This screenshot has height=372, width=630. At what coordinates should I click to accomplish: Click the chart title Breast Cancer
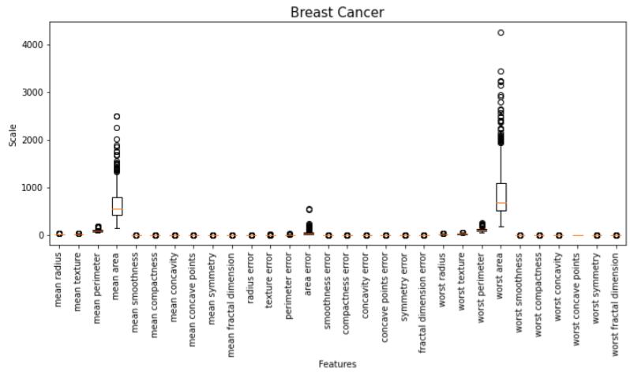click(337, 13)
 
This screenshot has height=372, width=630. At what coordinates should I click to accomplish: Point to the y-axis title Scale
click(13, 136)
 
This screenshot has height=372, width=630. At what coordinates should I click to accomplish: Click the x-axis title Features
click(338, 364)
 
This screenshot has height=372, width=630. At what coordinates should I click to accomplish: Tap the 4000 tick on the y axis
click(32, 45)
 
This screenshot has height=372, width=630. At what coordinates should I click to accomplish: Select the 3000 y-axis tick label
click(32, 92)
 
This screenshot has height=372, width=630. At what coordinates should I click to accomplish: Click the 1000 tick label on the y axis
click(32, 188)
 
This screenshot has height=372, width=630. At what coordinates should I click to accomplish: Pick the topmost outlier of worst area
click(501, 32)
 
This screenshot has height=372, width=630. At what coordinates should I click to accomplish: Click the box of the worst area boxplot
click(501, 197)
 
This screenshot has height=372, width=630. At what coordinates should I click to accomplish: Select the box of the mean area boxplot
click(117, 206)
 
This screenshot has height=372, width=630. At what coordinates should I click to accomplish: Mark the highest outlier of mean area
click(117, 117)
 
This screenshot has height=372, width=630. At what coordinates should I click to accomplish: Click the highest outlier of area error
click(309, 209)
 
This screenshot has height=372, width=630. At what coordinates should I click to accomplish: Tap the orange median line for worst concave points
click(578, 235)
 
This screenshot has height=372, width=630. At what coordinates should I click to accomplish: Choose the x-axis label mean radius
click(58, 280)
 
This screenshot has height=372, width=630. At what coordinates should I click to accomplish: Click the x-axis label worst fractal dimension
click(616, 304)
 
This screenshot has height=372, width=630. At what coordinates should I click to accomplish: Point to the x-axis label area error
click(308, 274)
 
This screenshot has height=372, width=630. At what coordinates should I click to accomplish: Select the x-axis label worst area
click(501, 276)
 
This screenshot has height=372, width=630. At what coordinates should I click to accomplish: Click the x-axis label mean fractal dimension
click(231, 305)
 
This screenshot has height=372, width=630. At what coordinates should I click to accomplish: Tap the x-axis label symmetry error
click(404, 287)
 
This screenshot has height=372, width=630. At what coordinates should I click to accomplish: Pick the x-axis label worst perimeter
click(481, 287)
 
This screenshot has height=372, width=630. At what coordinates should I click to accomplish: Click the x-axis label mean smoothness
click(135, 292)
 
